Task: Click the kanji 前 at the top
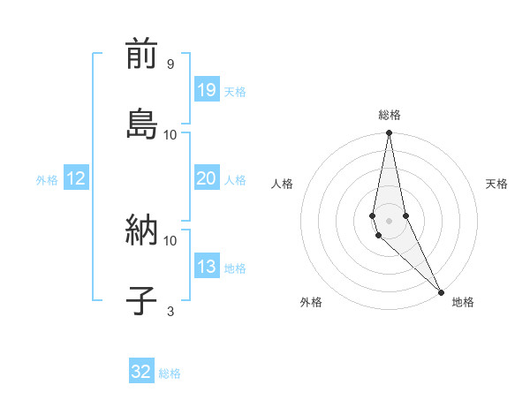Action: point(141,56)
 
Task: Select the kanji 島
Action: point(141,123)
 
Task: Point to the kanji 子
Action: point(141,299)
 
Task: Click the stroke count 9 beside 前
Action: point(170,64)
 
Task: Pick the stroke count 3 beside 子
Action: point(170,311)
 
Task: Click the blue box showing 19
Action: point(207,90)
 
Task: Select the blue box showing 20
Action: point(207,178)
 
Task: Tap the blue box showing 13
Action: point(207,267)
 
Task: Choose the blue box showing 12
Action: point(76,178)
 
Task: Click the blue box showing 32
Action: point(141,372)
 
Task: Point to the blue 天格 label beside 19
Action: point(235,92)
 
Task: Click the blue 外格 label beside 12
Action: point(47,180)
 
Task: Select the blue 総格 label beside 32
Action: point(170,373)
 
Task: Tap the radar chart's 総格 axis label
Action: point(390,115)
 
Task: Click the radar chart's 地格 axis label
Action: point(463,302)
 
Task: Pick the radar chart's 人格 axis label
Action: point(282,184)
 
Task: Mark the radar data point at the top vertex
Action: point(390,133)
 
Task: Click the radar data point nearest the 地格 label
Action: point(441,291)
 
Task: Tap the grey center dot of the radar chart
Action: point(390,220)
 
